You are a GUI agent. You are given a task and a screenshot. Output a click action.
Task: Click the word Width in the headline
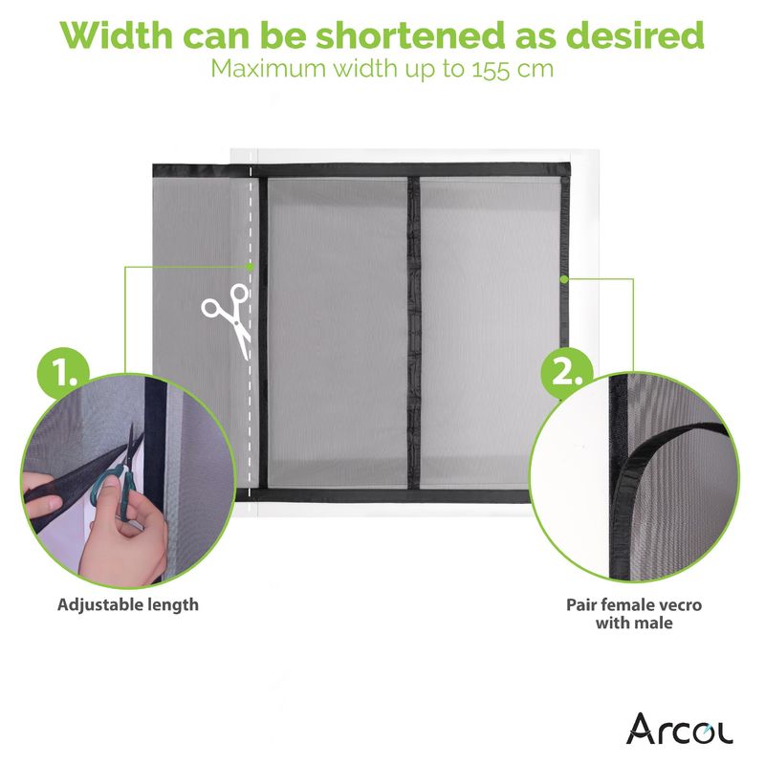pyautogui.click(x=116, y=35)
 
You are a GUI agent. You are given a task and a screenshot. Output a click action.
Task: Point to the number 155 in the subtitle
pyautogui.click(x=492, y=69)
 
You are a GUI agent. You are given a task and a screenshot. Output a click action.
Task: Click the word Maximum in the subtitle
pyautogui.click(x=270, y=69)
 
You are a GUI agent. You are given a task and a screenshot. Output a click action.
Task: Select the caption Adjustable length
pyautogui.click(x=128, y=605)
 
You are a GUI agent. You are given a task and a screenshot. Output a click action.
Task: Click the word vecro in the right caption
pyautogui.click(x=677, y=605)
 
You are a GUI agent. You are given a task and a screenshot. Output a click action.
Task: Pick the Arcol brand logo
pyautogui.click(x=679, y=729)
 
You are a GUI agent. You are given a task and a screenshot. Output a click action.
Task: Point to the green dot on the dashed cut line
pyautogui.click(x=250, y=267)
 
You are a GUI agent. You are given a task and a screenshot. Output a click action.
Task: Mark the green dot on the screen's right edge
pyautogui.click(x=564, y=279)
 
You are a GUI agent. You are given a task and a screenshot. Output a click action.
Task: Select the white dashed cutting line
pyautogui.click(x=250, y=332)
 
